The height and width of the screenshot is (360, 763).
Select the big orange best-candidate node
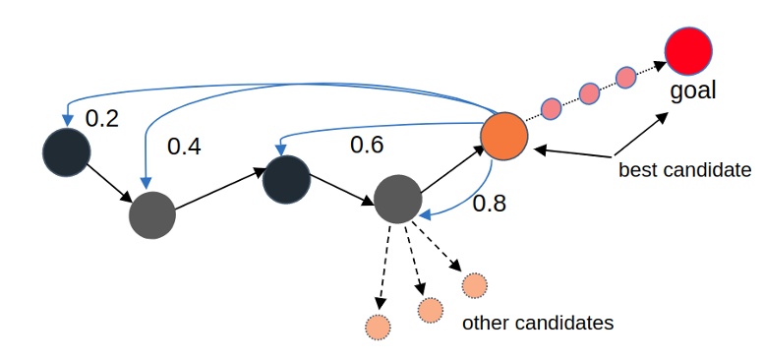point(504,136)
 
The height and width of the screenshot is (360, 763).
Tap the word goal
point(692,91)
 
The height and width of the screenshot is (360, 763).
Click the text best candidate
point(683,169)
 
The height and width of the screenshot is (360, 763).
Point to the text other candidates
point(537,323)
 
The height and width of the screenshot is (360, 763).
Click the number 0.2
point(101,119)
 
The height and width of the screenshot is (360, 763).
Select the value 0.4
point(184,147)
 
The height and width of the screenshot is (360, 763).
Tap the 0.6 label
point(368,145)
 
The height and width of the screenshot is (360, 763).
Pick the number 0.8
point(491,205)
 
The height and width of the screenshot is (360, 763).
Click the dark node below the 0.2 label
point(67,151)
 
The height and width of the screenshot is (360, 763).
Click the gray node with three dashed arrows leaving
point(398,200)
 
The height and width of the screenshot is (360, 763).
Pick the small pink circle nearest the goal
point(625,78)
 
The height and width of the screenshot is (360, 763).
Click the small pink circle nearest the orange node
point(552,107)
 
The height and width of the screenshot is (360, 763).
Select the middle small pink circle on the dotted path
point(589,93)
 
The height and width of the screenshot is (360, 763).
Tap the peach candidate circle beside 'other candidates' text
point(474,285)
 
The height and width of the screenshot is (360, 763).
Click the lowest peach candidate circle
point(377,327)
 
